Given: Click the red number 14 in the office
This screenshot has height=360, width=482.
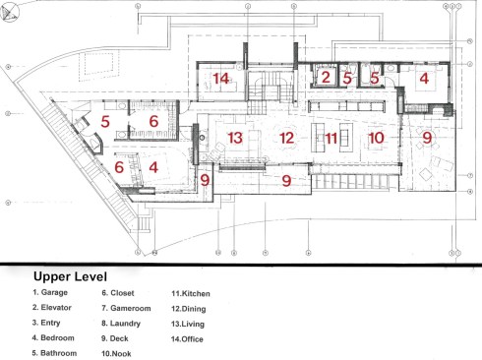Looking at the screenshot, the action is click(220, 79).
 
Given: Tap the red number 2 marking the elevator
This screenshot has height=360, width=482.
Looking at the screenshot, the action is click(326, 78).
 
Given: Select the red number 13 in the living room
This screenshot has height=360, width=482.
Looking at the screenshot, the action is click(235, 138).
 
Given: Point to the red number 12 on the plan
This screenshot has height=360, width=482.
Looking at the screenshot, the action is click(287, 138).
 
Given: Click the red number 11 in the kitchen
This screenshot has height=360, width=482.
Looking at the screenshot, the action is click(331, 139).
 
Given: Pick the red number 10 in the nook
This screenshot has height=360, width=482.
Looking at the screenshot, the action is click(376, 138).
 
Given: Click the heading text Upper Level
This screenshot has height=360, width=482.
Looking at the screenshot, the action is click(70, 276).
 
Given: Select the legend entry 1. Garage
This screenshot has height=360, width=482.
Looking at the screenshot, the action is click(50, 292).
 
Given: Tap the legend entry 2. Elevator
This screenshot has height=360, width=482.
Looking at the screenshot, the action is click(52, 308).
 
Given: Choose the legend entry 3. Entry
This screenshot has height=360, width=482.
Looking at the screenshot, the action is click(46, 323).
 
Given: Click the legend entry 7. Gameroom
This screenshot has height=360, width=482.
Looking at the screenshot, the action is click(126, 308).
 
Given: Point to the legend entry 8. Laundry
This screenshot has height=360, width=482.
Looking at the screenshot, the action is click(121, 324).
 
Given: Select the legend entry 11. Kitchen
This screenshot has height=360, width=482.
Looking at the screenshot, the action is click(191, 293).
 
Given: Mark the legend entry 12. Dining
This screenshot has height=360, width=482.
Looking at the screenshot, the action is click(189, 309).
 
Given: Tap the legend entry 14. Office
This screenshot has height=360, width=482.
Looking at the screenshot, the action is click(187, 339).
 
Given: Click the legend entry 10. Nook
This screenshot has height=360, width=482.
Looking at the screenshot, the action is click(116, 354).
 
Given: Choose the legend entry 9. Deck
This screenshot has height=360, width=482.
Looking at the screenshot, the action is click(115, 338).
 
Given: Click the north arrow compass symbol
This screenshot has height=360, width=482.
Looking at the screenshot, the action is click(10, 13).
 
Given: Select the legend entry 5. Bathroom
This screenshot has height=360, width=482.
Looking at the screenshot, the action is click(54, 353).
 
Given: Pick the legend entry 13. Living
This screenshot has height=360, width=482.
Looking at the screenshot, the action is click(188, 324).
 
